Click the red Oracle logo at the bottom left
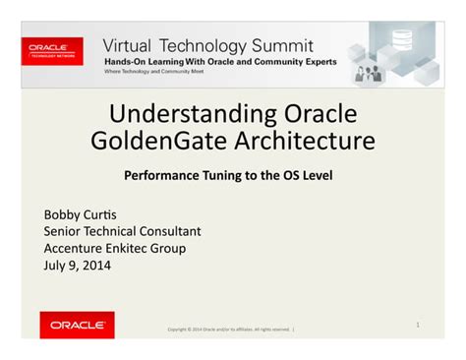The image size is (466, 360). point(77,324)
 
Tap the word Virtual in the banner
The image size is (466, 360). point(134,45)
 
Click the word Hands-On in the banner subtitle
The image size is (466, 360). point(128,61)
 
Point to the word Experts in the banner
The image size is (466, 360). point(316,61)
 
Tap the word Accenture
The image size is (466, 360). point(79,248)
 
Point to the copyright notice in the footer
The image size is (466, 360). point(231,330)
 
